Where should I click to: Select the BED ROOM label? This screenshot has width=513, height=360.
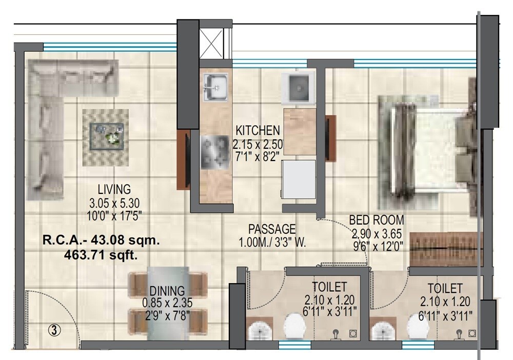tap(377, 220)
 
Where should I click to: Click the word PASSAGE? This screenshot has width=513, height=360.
tap(272, 229)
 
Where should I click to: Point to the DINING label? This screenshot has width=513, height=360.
tap(167, 292)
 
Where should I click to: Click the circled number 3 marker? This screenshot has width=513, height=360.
tap(55, 331)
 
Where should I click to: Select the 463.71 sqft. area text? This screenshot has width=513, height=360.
tap(100, 256)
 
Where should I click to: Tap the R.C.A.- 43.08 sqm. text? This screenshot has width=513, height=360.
tap(100, 240)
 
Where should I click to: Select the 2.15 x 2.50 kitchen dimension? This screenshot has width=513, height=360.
tap(257, 144)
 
